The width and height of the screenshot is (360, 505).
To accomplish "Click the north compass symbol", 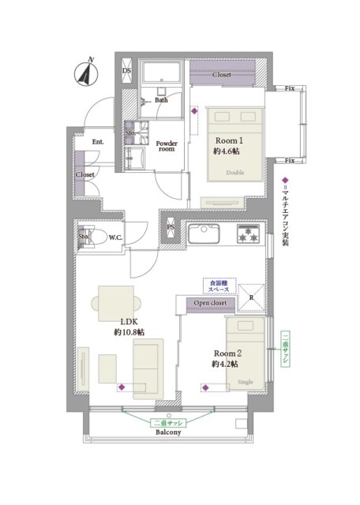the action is [x=86, y=74].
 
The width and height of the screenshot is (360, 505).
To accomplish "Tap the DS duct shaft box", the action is [x=126, y=70].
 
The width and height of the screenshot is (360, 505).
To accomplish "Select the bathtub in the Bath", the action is [x=162, y=73].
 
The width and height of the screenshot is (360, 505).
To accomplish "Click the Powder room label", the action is [x=167, y=146].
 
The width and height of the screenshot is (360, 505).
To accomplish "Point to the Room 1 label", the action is [x=229, y=140].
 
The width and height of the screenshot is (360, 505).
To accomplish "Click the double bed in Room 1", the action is [x=235, y=145].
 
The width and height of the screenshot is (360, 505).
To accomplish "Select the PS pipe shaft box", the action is [x=171, y=227].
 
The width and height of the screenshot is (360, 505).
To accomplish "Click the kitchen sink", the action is [x=204, y=234].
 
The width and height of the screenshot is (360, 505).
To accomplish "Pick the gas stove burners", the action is [x=248, y=234].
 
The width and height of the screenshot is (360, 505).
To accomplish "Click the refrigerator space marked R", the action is [x=251, y=297].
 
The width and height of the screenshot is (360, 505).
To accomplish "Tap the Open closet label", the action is [x=210, y=303].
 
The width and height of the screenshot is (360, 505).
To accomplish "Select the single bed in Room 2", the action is [x=246, y=354].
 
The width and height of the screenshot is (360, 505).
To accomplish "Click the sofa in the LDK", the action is [x=148, y=368].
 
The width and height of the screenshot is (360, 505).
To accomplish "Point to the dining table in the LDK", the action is [x=116, y=303].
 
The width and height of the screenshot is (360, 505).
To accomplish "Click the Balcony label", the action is [x=168, y=432].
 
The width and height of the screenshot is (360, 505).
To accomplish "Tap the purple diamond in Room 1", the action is [x=194, y=111].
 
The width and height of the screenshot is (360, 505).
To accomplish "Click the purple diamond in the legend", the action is [x=285, y=180].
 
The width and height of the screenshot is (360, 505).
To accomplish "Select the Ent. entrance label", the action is [x=98, y=142].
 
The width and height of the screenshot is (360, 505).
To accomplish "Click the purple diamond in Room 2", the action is [x=205, y=387].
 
